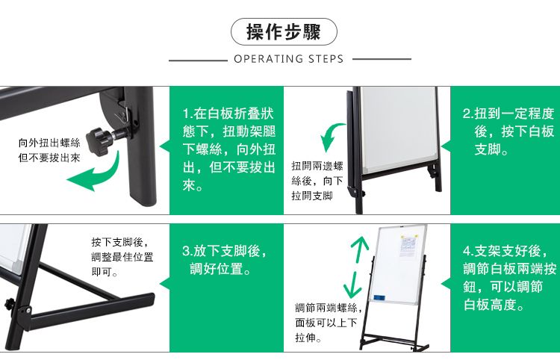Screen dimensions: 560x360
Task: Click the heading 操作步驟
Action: [x=284, y=31]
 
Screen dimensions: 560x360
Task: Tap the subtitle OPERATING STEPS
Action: [x=288, y=58]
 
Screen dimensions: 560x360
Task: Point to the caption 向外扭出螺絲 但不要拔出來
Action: [x=49, y=150]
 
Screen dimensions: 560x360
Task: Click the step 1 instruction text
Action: [x=229, y=149]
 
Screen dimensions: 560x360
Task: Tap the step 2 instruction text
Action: [x=508, y=131]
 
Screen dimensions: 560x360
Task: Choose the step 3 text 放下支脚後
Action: [x=225, y=251]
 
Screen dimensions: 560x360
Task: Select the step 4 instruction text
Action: [x=510, y=278]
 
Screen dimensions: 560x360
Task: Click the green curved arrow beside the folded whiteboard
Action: [x=330, y=134]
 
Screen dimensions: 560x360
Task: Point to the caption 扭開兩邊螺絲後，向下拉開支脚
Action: [x=317, y=181]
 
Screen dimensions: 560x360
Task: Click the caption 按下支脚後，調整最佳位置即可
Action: [x=122, y=257]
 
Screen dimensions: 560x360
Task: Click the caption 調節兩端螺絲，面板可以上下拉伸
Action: [x=329, y=322]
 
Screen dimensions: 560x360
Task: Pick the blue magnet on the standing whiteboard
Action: [x=379, y=297]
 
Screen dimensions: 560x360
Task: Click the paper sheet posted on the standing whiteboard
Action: [x=408, y=245]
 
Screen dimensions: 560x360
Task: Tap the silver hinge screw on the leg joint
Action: [x=28, y=310]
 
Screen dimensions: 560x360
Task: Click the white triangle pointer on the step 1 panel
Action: [x=164, y=146]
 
